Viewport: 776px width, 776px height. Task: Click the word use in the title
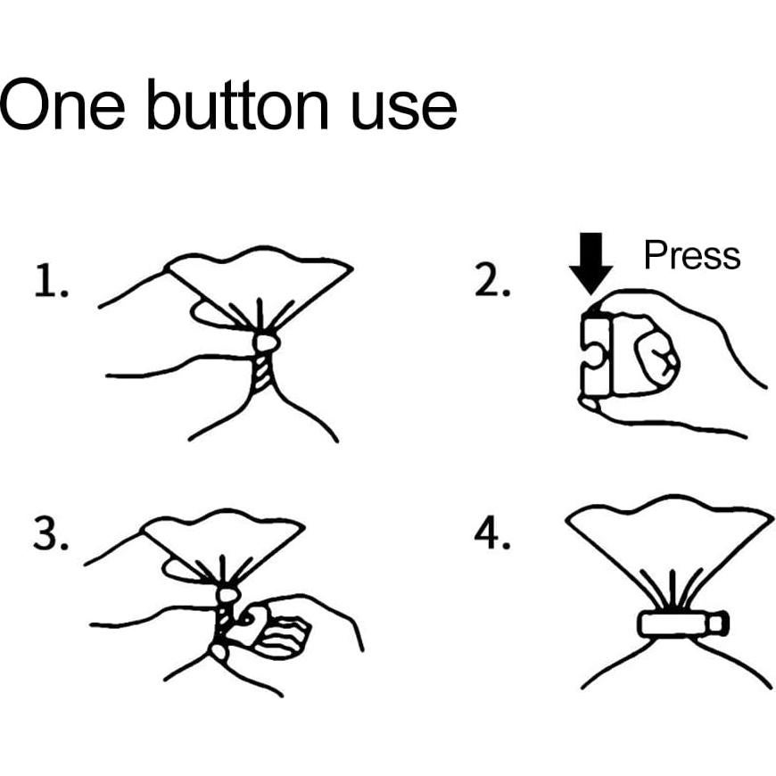click(x=404, y=110)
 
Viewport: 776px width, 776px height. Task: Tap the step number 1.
click(x=51, y=281)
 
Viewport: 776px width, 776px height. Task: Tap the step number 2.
click(x=492, y=280)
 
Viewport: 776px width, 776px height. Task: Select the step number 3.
click(x=51, y=533)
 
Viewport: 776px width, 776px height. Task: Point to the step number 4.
click(x=492, y=533)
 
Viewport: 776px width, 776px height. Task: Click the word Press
click(x=692, y=255)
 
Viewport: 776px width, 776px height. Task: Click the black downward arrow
click(x=590, y=263)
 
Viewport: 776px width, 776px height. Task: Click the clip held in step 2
click(x=597, y=355)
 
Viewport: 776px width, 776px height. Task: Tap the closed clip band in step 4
click(x=675, y=624)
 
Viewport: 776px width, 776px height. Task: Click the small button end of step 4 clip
click(x=720, y=624)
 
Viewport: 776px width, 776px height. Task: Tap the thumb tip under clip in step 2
click(x=590, y=403)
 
